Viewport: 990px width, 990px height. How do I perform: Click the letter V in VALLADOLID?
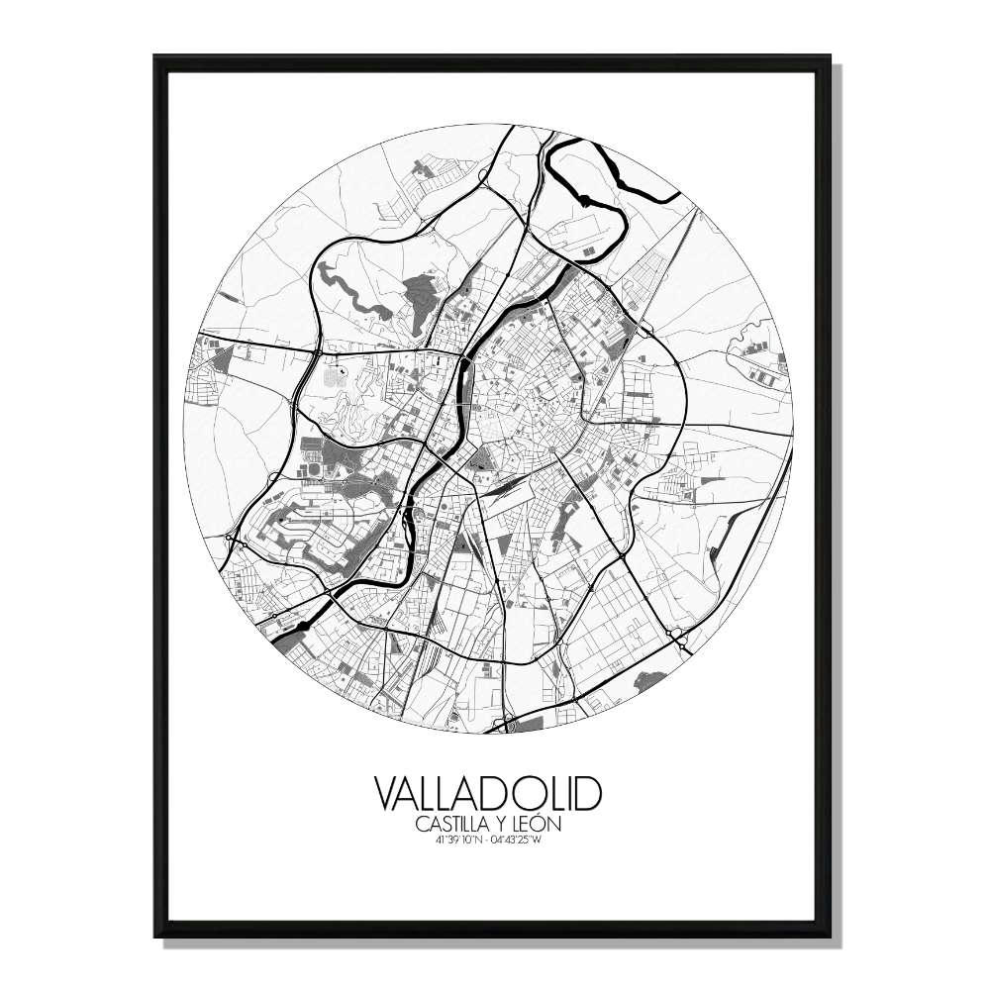(389, 794)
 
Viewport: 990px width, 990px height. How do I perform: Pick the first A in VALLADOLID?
(415, 794)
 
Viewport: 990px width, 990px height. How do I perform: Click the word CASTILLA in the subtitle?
(451, 824)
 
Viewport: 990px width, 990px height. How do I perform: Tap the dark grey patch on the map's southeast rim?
(651, 680)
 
